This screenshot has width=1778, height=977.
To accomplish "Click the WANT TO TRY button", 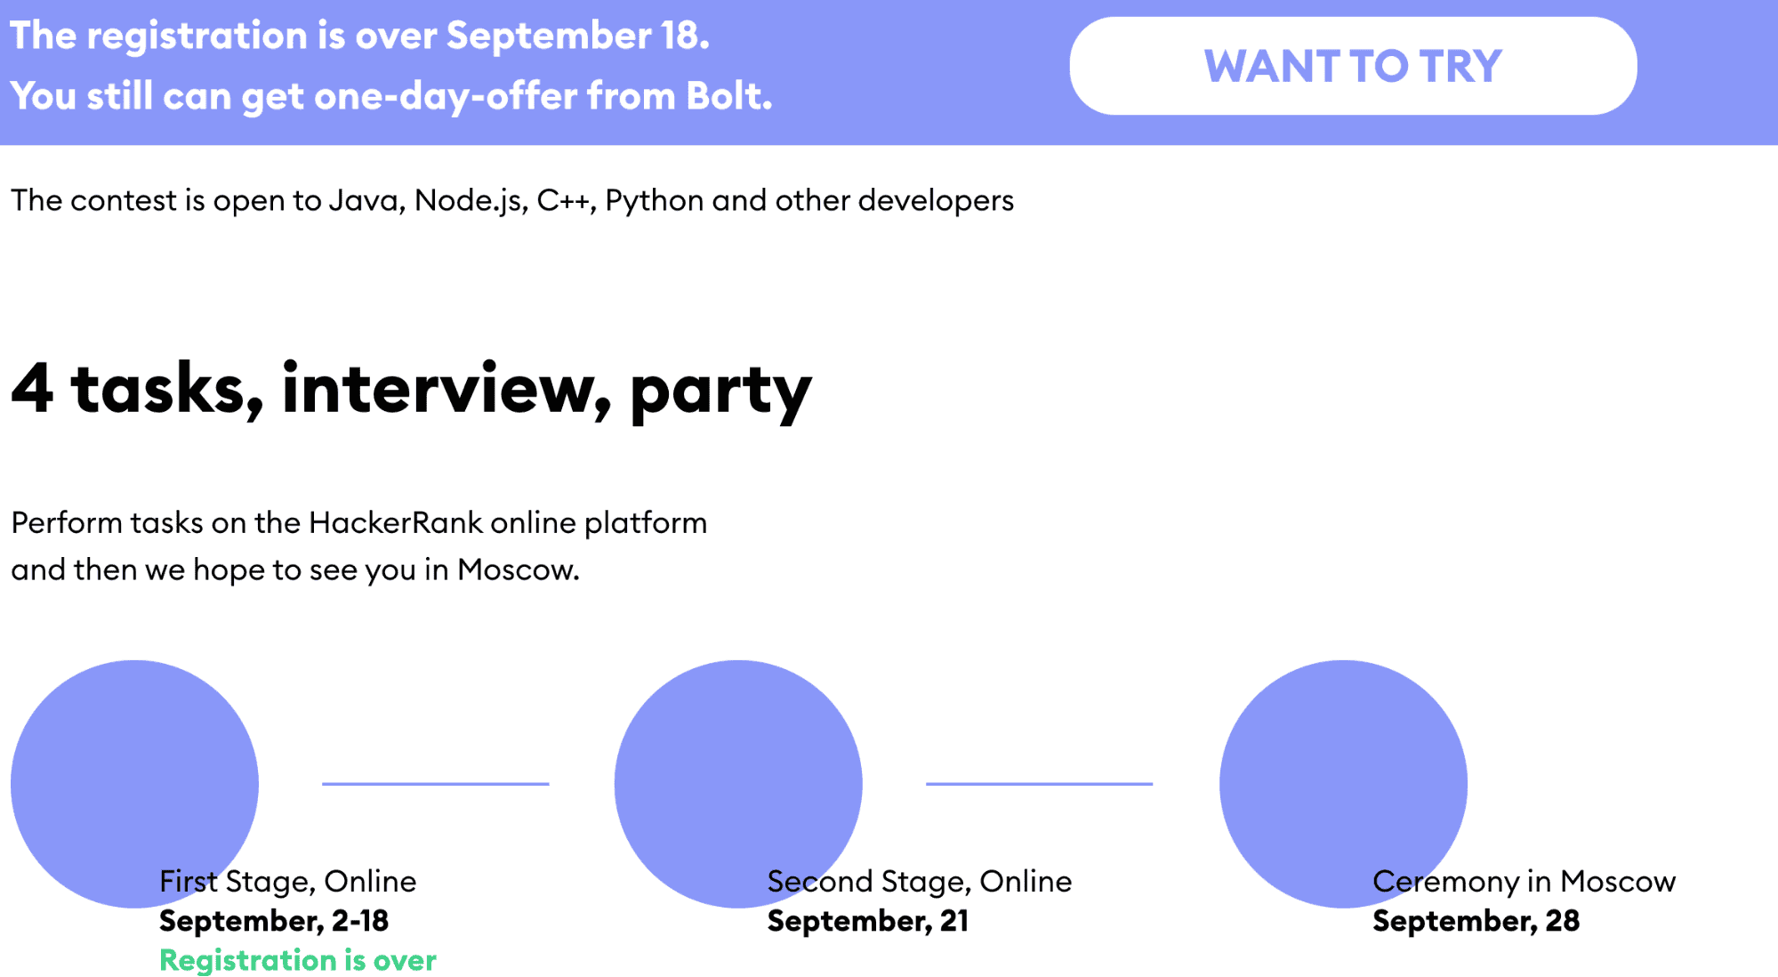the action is point(1353,66).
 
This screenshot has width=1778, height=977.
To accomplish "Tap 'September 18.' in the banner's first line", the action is point(578,36).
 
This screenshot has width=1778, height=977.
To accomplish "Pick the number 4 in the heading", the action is point(32,389).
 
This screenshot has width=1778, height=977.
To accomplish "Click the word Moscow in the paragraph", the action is point(518,569).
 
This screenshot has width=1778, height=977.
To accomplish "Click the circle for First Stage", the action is point(134,784).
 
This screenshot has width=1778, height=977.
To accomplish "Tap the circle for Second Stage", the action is point(738,784).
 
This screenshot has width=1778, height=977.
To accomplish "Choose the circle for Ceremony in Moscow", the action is point(1343,784).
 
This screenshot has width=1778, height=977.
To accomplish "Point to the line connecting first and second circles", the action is point(436,784).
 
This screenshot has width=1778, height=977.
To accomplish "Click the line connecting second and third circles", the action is point(1039,784).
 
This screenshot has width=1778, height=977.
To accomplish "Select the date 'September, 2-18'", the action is point(274,921).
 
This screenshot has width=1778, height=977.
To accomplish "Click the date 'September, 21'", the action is point(868,921).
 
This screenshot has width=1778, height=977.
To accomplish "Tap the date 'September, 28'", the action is point(1476,921).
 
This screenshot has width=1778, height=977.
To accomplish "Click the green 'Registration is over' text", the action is point(298,960).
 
